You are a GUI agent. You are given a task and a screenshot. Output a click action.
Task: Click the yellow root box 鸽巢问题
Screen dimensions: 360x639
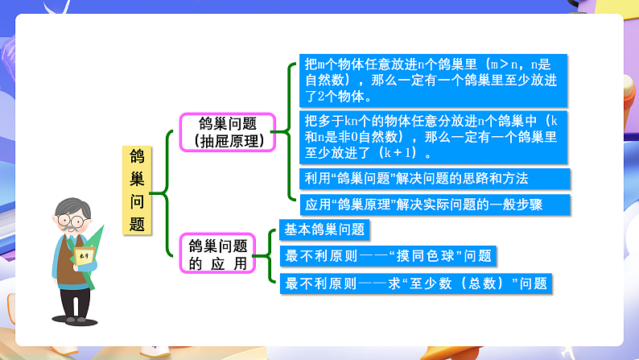[137, 190]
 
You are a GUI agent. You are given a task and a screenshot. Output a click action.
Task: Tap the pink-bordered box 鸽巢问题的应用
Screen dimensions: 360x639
[217, 254]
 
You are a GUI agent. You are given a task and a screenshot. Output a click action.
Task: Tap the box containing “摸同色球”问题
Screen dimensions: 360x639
[386, 256]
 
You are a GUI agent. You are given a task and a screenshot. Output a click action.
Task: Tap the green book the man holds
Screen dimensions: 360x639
[91, 256]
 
